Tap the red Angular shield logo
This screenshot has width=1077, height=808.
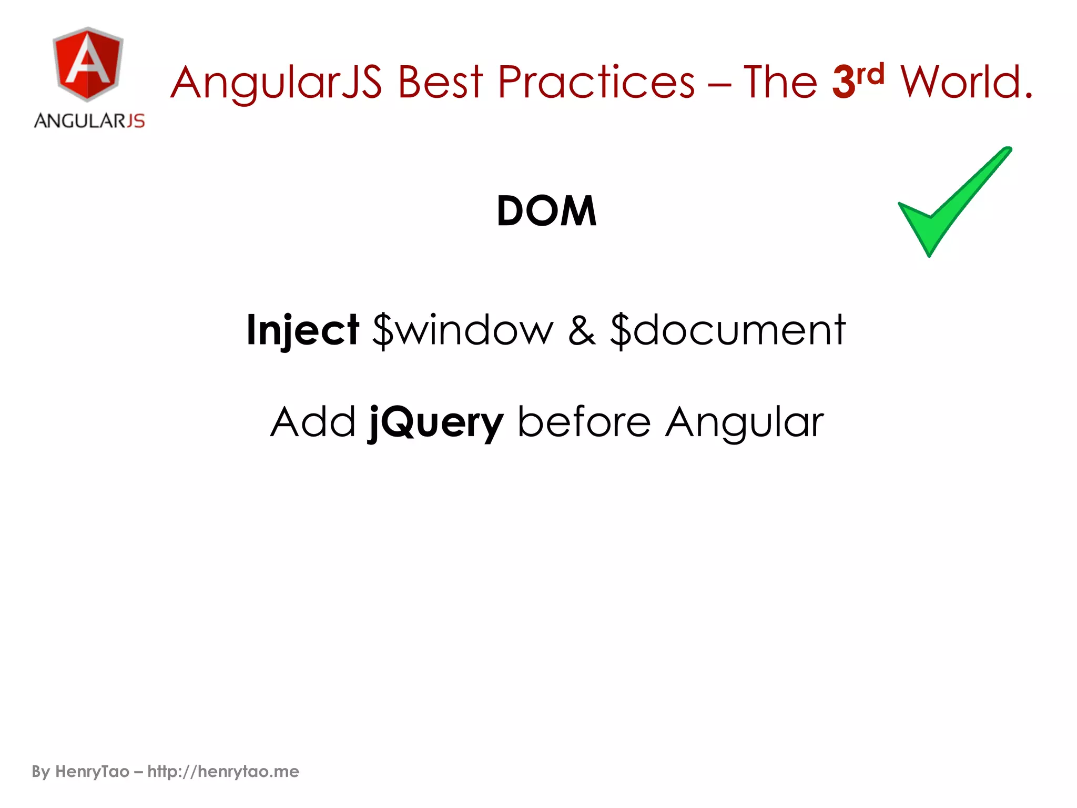[x=88, y=64]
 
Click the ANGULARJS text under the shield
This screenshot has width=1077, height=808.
[x=89, y=121]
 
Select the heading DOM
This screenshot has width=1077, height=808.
[x=546, y=211]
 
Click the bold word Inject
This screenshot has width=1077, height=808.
[x=302, y=330]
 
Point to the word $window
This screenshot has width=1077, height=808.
[x=463, y=330]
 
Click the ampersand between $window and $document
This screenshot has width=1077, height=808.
[x=582, y=330]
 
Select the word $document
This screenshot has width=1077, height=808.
[x=728, y=330]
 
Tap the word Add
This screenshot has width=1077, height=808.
[x=313, y=422]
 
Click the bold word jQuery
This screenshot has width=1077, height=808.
[x=435, y=423]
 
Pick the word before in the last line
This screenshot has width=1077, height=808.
[x=584, y=422]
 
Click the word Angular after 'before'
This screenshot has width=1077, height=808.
[x=744, y=423]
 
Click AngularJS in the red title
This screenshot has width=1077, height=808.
[x=276, y=83]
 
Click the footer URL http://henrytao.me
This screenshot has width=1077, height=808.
[x=223, y=771]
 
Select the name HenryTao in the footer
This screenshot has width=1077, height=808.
[x=92, y=771]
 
